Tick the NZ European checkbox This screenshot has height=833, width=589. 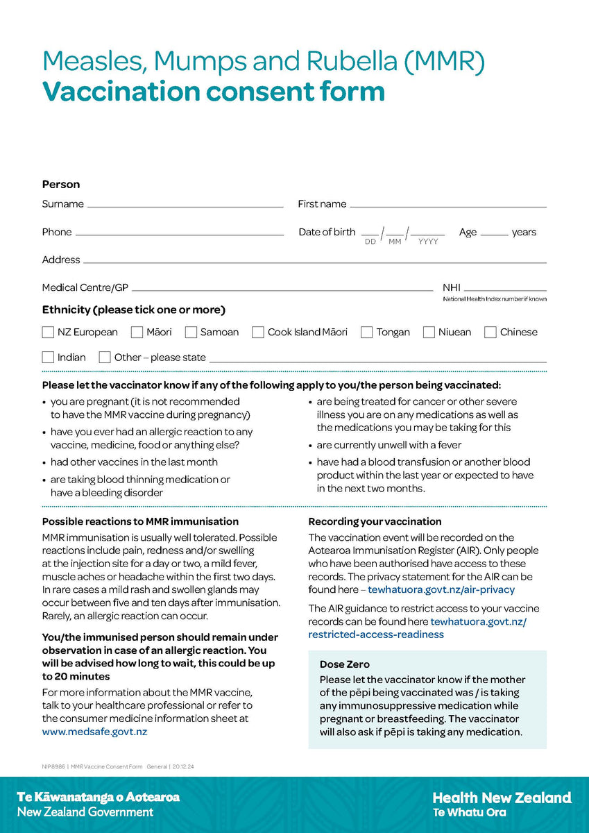click(48, 332)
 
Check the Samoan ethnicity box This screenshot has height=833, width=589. click(191, 332)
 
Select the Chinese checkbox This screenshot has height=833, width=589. click(490, 332)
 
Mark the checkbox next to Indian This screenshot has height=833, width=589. click(48, 357)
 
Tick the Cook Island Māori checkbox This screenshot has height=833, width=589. click(258, 332)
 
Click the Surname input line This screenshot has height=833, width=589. click(185, 205)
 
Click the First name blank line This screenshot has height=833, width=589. click(448, 205)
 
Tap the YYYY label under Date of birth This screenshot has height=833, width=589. click(428, 242)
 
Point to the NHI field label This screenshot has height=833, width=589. click(452, 287)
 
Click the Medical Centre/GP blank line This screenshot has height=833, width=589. click(282, 289)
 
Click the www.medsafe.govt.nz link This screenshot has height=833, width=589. click(94, 732)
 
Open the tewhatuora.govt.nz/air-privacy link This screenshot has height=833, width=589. click(441, 590)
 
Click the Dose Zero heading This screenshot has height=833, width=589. click(345, 664)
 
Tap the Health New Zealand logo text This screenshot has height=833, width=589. click(502, 798)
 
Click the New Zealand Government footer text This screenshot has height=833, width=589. click(85, 812)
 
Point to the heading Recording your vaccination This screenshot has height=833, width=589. click(375, 521)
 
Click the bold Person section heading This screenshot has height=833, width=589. click(61, 185)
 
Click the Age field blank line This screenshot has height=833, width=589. click(494, 235)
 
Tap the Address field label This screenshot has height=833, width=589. click(61, 260)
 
